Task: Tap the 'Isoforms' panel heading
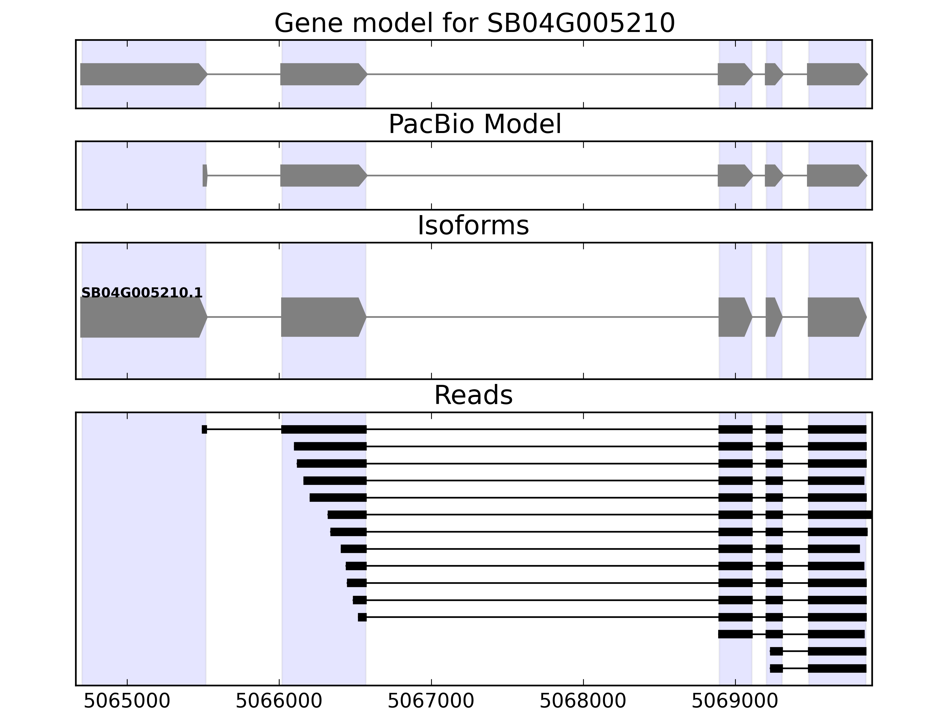[x=473, y=225]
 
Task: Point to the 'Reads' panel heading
[x=473, y=395]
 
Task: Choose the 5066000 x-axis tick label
[x=279, y=701]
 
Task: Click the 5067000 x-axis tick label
[x=431, y=701]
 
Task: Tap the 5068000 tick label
[x=583, y=701]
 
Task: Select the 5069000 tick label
[x=735, y=701]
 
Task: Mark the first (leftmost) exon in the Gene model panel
[x=141, y=74]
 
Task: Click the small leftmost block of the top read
[x=204, y=430]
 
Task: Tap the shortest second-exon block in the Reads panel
[x=362, y=617]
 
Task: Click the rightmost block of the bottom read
[x=837, y=669]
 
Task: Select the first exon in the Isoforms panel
[x=141, y=317]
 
